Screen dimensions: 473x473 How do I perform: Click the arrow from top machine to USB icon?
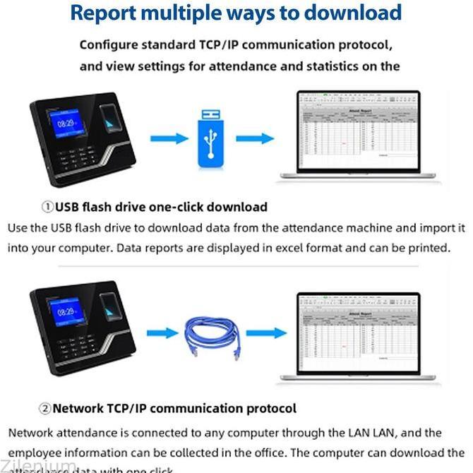coord(169,138)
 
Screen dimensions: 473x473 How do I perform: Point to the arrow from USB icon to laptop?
coord(253,138)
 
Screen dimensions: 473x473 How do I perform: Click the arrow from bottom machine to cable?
coord(165,333)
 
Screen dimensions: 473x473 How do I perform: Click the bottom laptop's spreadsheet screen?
coord(357,333)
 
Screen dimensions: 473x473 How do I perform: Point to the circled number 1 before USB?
coord(47,207)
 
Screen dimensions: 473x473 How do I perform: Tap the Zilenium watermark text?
coord(39,466)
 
